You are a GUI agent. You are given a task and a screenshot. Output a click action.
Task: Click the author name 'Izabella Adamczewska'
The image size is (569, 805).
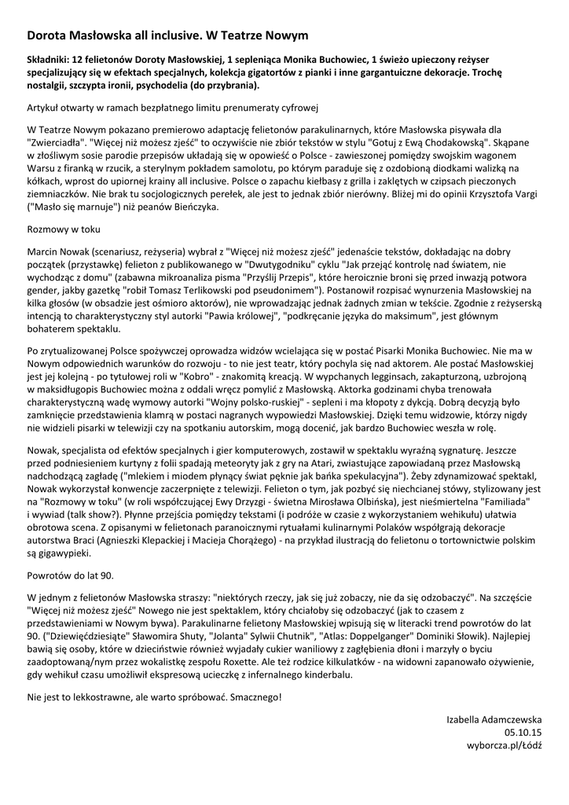point(494,719)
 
